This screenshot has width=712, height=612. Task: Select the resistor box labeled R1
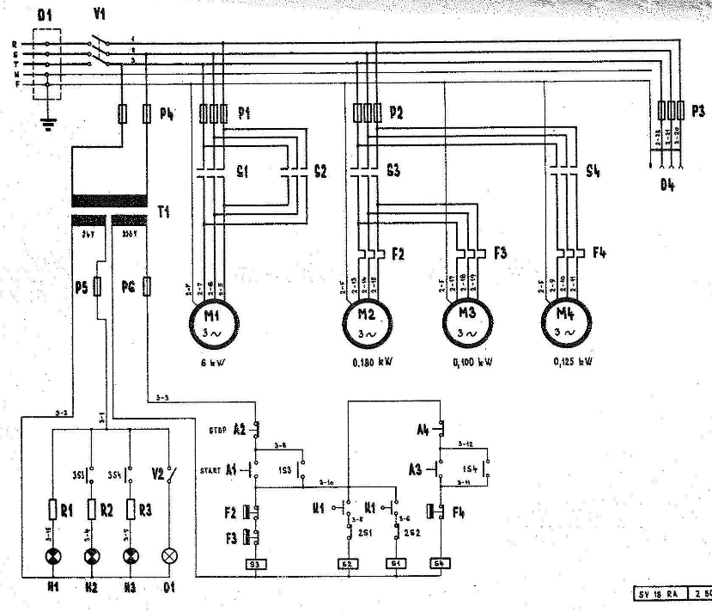pyautogui.click(x=53, y=510)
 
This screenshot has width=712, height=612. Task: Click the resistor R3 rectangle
pyautogui.click(x=131, y=510)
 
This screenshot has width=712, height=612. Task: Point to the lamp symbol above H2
pyautogui.click(x=92, y=556)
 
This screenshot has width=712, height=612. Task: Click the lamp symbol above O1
pyautogui.click(x=168, y=556)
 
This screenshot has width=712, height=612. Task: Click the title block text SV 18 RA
pyautogui.click(x=655, y=594)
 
